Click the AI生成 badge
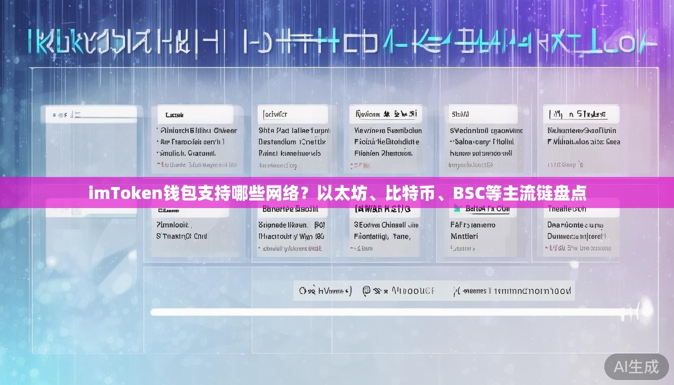click(636, 366)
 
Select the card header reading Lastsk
click(175, 115)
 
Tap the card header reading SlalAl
click(460, 114)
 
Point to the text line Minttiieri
click(464, 236)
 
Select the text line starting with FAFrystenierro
click(472, 225)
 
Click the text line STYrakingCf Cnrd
click(182, 236)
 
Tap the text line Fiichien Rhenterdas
click(383, 153)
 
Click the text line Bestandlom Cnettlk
click(292, 142)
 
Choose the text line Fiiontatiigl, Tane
click(382, 236)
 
